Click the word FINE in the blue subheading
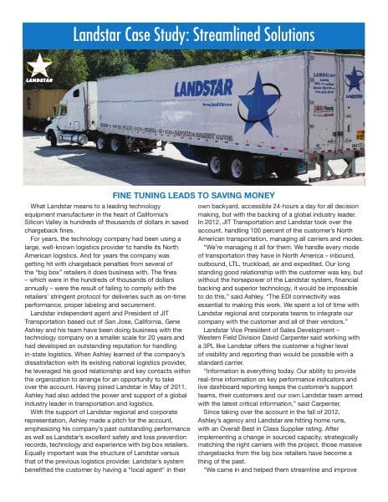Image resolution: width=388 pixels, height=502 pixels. (x=125, y=194)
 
